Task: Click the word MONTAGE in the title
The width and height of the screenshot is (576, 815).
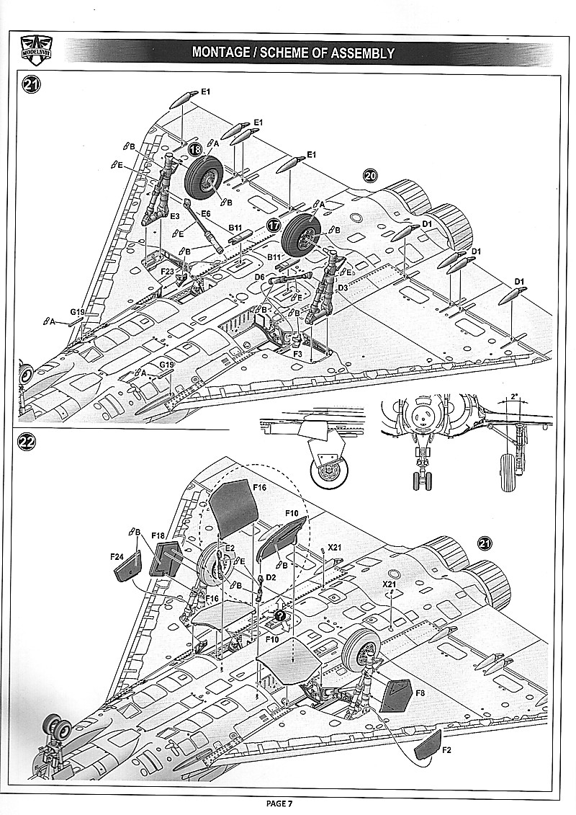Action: (224, 53)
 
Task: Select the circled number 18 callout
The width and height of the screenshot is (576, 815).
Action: (196, 149)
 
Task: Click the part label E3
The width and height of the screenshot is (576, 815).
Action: (174, 216)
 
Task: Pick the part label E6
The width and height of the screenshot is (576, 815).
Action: (205, 213)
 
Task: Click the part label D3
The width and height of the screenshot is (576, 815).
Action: (343, 288)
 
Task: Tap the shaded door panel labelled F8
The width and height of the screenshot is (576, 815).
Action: (395, 695)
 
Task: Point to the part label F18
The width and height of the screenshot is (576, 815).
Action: (160, 537)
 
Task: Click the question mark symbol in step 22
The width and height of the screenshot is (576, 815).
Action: (279, 615)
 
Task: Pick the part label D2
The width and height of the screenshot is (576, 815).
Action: (271, 577)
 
